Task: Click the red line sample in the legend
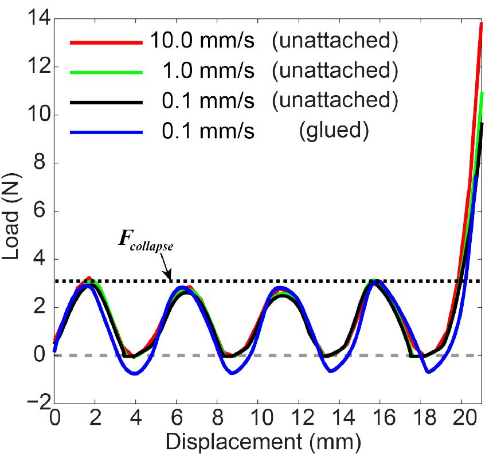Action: click(105, 42)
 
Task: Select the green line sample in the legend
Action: click(105, 72)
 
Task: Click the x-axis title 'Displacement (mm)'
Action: click(267, 440)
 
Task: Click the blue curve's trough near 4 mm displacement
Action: click(135, 374)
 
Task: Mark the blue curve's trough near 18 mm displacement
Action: click(428, 372)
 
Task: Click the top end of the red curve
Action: click(480, 24)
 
